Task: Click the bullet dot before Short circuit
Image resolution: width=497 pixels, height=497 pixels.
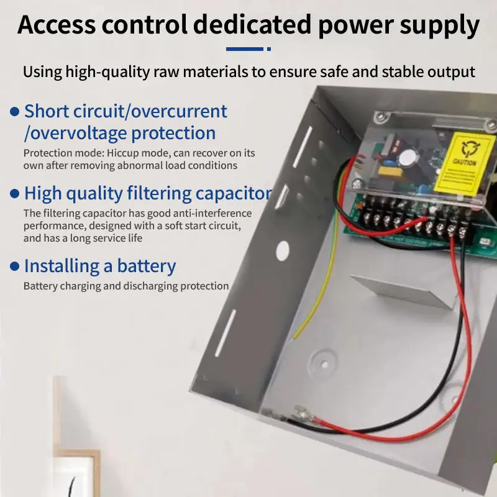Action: (15, 112)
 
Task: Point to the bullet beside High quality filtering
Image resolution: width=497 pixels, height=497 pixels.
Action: (15, 194)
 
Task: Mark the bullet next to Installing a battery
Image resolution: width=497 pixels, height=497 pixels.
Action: (15, 267)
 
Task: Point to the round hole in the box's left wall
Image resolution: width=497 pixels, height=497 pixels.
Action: (282, 250)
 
